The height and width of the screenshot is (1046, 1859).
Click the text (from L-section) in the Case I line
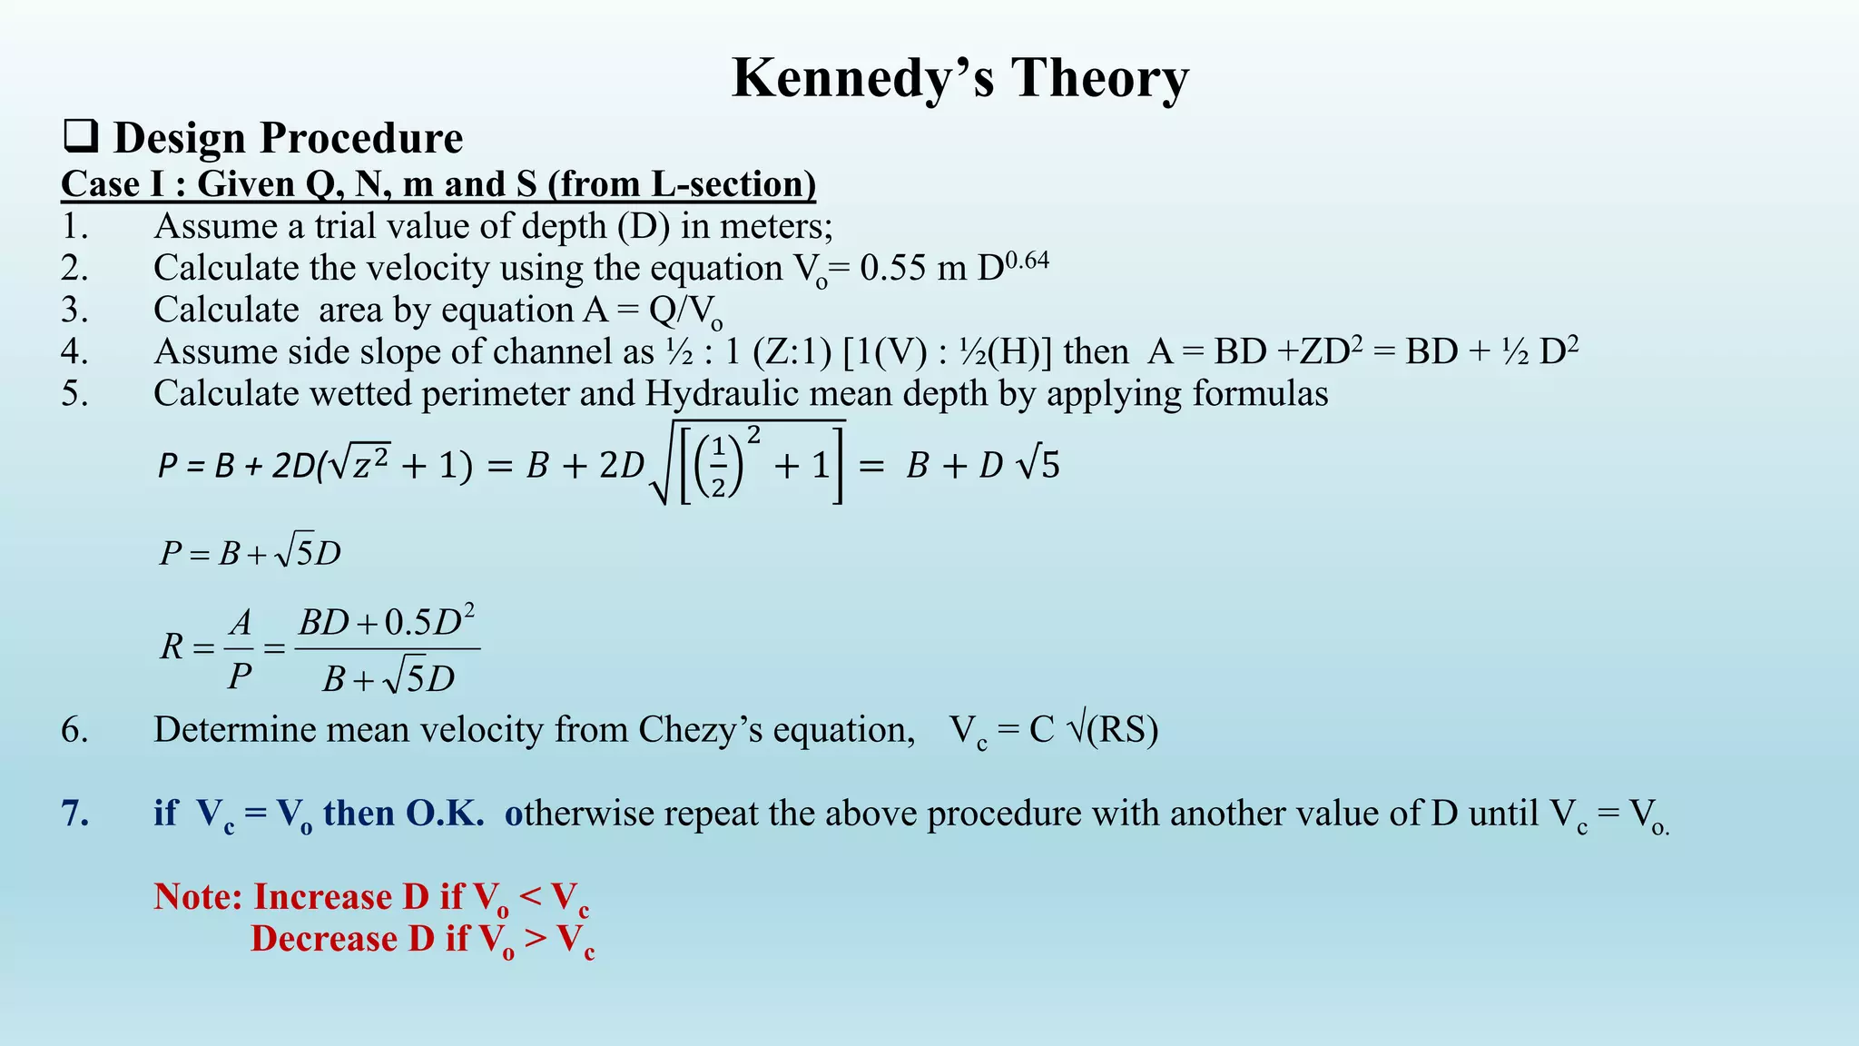point(682,184)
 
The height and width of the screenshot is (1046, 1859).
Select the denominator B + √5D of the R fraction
point(388,678)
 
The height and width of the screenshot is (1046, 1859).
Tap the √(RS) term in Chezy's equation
point(1112,729)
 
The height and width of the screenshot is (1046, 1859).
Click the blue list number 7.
point(74,814)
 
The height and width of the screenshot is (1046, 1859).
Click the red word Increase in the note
point(340,897)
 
